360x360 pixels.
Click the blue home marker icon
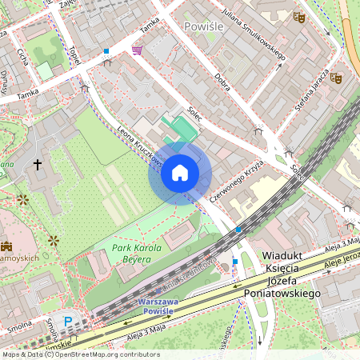point(180,174)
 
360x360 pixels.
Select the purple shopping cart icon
point(138,50)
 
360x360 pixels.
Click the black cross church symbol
point(37,165)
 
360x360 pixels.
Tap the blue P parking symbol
point(68,322)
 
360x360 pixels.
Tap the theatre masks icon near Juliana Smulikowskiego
point(299,16)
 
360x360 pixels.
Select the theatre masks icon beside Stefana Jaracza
point(337,78)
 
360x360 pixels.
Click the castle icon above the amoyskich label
point(7,246)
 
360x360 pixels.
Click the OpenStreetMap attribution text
point(80,354)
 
